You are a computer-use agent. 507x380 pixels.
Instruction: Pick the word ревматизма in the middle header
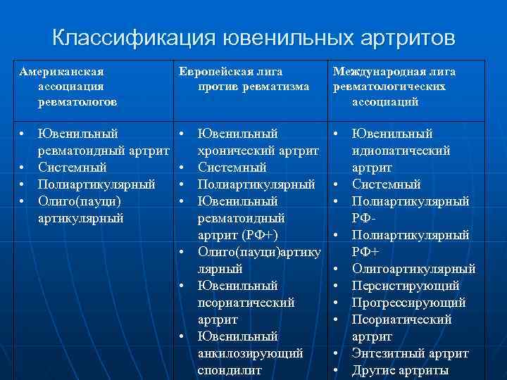point(274,87)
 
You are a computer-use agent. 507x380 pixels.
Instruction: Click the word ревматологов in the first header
point(78,101)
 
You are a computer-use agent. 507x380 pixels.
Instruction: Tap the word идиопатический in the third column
point(401,151)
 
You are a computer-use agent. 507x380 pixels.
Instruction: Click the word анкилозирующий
point(250,353)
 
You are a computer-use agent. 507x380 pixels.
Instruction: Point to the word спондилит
point(229,370)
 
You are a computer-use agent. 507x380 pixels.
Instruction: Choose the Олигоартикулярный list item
point(413,269)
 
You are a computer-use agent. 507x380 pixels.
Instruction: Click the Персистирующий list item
point(406,286)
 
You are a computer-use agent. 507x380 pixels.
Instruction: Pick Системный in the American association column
point(73,167)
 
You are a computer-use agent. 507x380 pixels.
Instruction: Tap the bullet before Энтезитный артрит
point(337,353)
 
